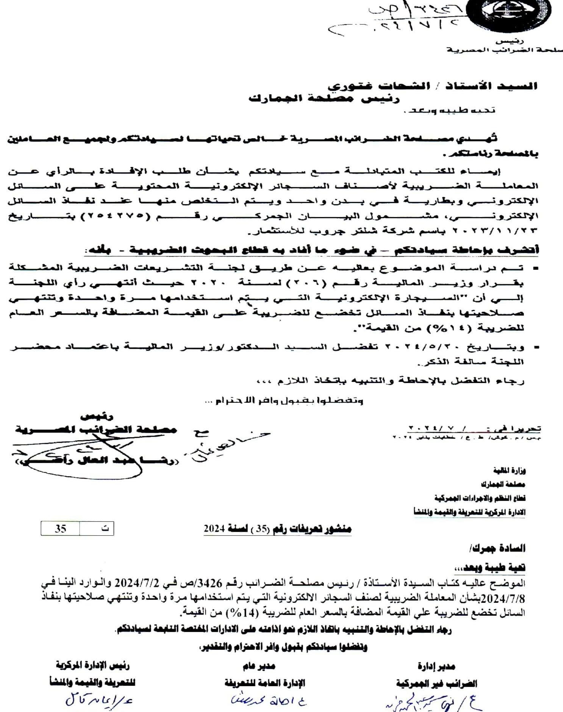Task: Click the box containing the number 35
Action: pyautogui.click(x=61, y=529)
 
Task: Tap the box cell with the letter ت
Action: pyautogui.click(x=97, y=529)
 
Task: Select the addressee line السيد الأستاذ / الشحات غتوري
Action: pyautogui.click(x=432, y=86)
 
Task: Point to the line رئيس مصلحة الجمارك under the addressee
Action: pyautogui.click(x=324, y=99)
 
